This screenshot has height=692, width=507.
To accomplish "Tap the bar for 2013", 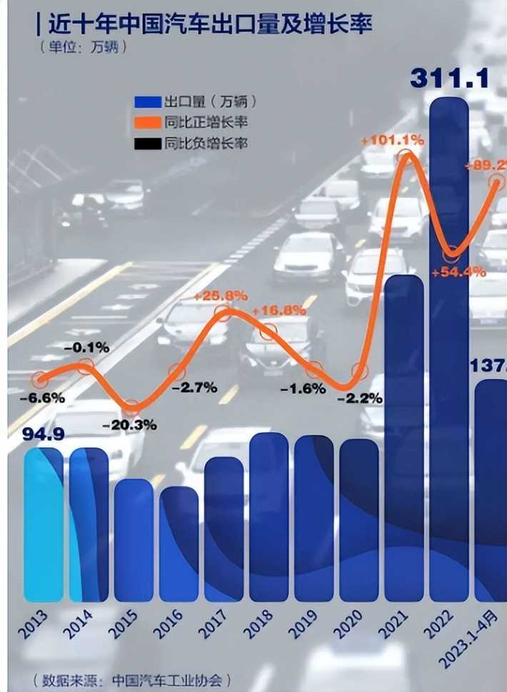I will click(43, 524).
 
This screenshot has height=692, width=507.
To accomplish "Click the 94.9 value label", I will click(44, 434).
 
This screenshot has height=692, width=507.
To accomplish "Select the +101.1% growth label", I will click(392, 141).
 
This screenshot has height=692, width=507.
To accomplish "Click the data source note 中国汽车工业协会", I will click(132, 678).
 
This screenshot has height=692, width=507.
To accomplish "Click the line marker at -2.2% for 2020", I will click(360, 372).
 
